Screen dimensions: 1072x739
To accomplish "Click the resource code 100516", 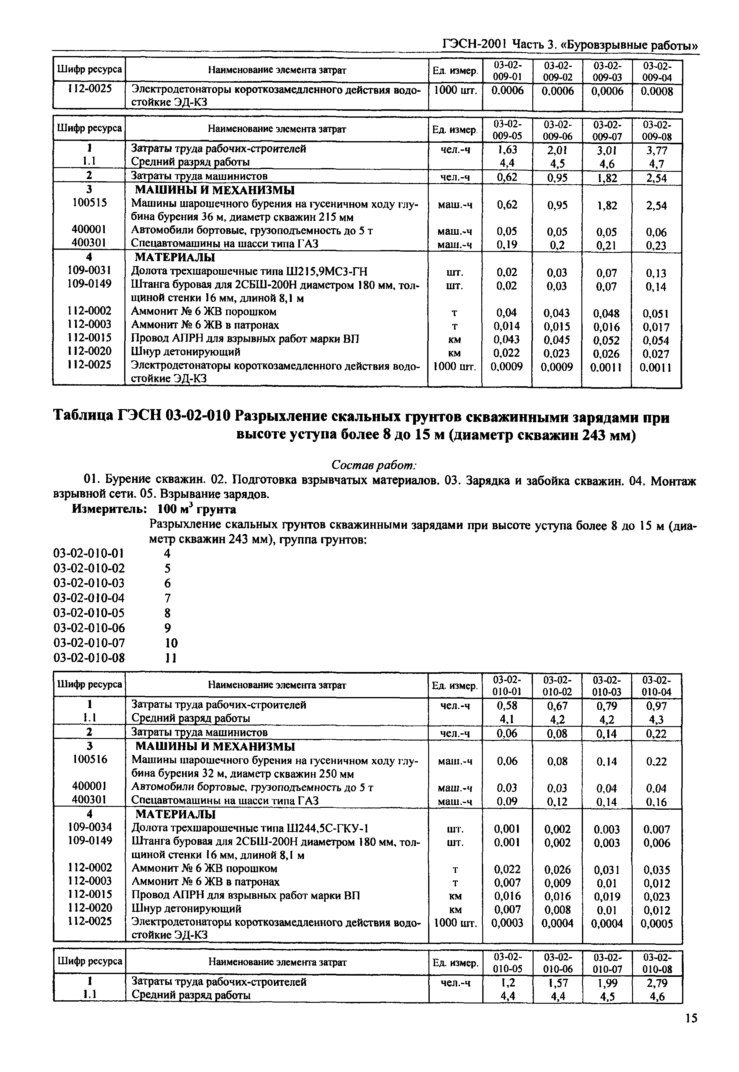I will point(89,759).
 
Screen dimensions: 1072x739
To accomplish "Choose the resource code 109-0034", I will point(89,827).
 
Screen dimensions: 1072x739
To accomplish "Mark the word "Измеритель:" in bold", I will point(109,509).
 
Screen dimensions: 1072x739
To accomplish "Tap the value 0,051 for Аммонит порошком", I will point(656,314).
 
